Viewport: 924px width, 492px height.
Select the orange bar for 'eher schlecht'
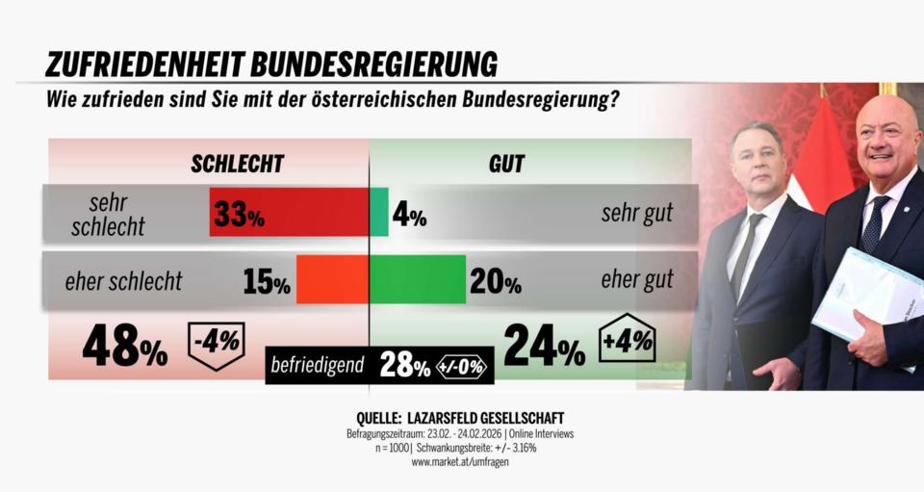click(332, 279)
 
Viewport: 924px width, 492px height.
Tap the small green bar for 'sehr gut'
click(379, 212)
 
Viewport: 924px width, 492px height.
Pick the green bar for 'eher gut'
click(418, 279)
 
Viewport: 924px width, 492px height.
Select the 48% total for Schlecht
click(124, 348)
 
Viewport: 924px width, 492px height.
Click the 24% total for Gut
click(544, 348)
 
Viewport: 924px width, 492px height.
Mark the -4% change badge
click(216, 344)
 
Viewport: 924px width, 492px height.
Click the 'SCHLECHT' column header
click(237, 164)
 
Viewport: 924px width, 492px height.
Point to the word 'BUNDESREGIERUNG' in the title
click(373, 64)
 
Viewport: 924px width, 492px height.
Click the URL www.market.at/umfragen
click(460, 462)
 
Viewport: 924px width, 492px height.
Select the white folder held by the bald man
click(866, 294)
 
